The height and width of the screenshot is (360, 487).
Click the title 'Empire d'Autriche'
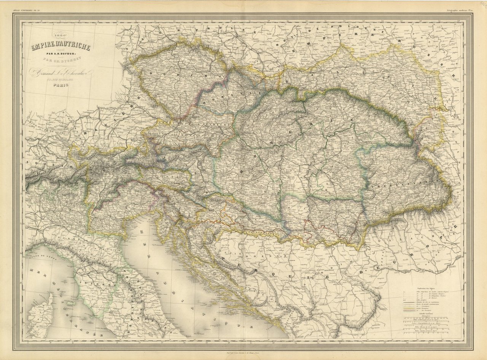(x=61, y=48)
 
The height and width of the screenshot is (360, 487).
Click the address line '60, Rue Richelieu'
(x=61, y=80)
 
